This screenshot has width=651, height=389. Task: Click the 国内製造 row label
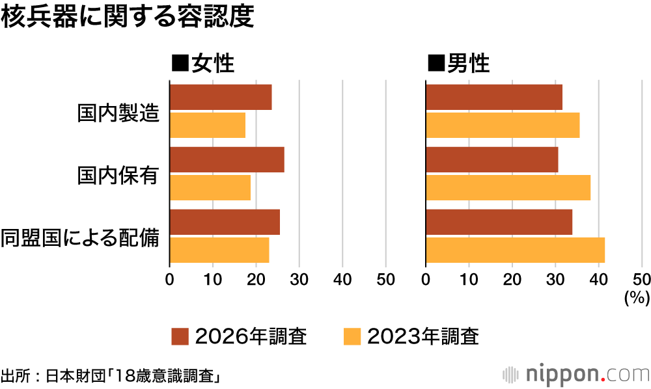click(x=118, y=113)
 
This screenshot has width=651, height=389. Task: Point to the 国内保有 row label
click(x=118, y=175)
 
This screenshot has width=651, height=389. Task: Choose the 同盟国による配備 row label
click(x=80, y=237)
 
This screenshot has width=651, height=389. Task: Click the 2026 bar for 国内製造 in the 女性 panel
click(x=221, y=97)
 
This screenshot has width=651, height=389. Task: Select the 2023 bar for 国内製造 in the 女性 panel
click(x=208, y=125)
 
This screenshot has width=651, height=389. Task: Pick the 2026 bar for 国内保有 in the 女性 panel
click(x=227, y=159)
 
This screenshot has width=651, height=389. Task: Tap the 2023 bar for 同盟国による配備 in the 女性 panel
click(x=219, y=250)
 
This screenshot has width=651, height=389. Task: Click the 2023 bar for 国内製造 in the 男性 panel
click(x=503, y=125)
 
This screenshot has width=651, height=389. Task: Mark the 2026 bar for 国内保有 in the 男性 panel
click(x=492, y=159)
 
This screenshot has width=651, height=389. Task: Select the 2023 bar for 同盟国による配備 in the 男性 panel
click(x=515, y=250)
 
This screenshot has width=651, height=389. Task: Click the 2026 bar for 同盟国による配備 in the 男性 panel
click(x=499, y=222)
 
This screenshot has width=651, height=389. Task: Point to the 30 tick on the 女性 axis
click(x=299, y=280)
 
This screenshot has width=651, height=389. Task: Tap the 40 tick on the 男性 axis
click(x=599, y=280)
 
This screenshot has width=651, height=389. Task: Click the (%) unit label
click(x=637, y=297)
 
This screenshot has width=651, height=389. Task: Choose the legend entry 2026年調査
click(x=239, y=336)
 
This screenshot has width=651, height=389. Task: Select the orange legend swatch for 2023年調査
click(x=352, y=336)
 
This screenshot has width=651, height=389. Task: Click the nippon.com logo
click(x=576, y=374)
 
